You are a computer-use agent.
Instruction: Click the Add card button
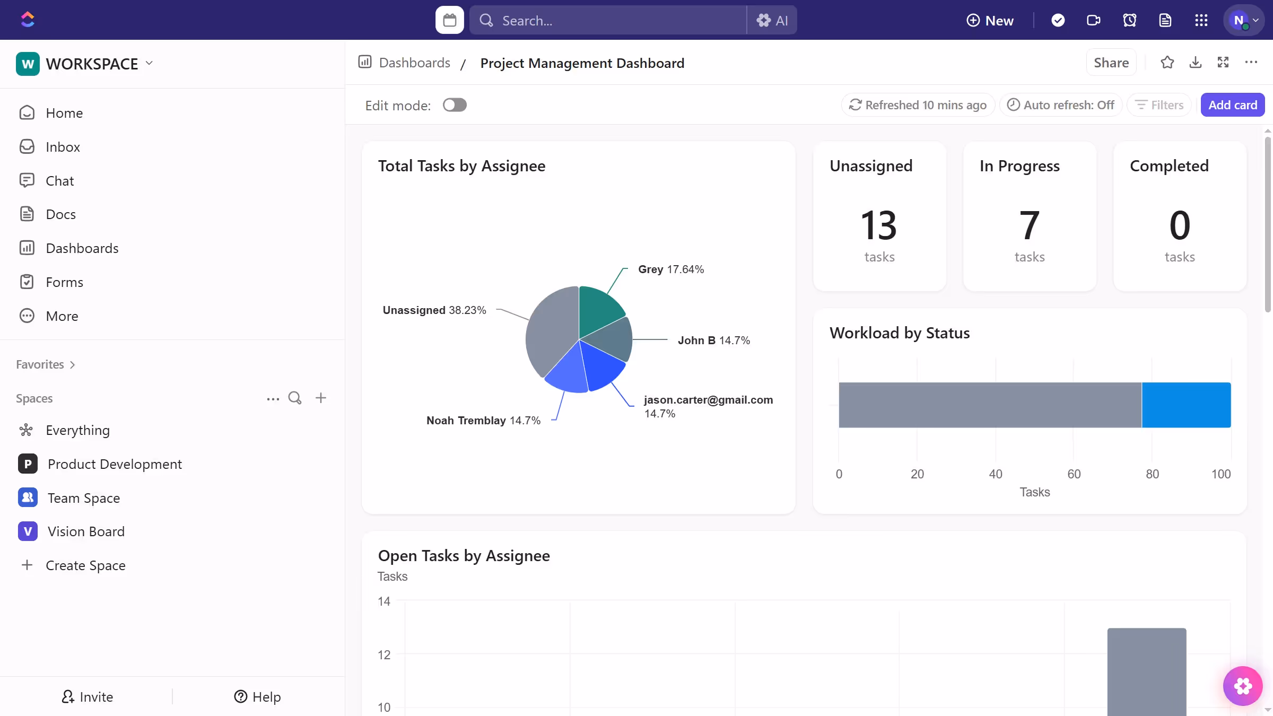[x=1232, y=105]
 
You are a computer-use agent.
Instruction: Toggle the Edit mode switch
[x=455, y=105]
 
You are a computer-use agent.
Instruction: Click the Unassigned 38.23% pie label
[x=434, y=310]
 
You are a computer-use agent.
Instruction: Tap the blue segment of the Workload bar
[x=1186, y=405]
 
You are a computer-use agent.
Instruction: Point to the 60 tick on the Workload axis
[x=1074, y=474]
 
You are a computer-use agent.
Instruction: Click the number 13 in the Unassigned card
[x=879, y=225]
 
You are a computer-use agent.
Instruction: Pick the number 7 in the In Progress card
[x=1029, y=225]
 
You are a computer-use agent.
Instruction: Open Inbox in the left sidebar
[x=63, y=147]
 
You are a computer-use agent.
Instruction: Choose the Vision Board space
[x=86, y=531]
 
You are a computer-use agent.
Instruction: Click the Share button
[x=1111, y=63]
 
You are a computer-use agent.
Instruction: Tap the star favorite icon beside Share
[x=1167, y=63]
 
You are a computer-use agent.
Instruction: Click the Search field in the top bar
[x=607, y=20]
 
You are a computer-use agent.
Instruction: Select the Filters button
[x=1159, y=105]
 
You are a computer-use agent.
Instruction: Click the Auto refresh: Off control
[x=1061, y=105]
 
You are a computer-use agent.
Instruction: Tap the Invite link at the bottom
[x=88, y=697]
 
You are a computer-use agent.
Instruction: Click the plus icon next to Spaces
[x=321, y=398]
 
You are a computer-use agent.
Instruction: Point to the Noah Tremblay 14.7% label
[x=483, y=421]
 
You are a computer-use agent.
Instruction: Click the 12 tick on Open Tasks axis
[x=384, y=655]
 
